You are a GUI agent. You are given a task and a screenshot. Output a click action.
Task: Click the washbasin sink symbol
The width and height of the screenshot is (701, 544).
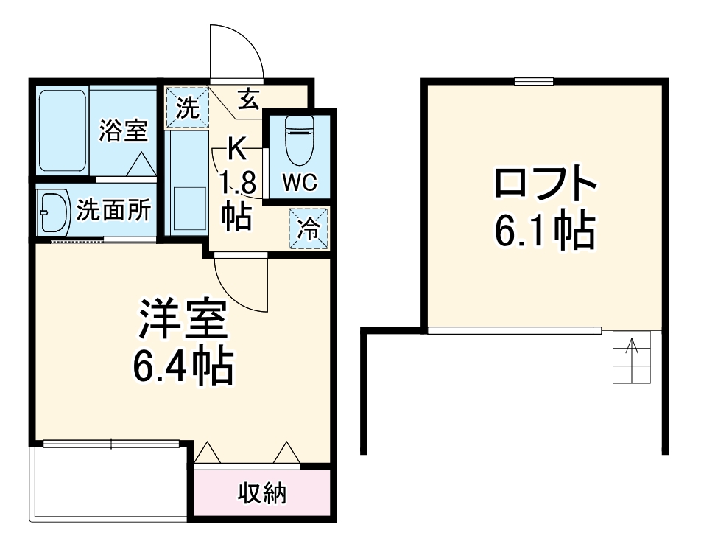[x=52, y=212]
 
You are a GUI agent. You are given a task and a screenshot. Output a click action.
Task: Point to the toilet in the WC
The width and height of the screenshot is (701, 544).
[x=299, y=140]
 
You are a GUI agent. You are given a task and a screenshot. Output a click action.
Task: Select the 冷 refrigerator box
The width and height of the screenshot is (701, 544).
[x=309, y=229]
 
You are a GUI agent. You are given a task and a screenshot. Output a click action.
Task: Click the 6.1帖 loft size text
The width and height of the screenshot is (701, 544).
[x=544, y=231]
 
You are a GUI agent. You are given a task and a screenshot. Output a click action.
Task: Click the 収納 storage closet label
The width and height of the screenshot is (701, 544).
[x=261, y=493]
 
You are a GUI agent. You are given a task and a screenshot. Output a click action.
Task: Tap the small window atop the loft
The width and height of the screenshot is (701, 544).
[x=534, y=81]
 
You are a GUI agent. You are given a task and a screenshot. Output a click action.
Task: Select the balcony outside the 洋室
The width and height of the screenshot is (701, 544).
[x=110, y=483]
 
